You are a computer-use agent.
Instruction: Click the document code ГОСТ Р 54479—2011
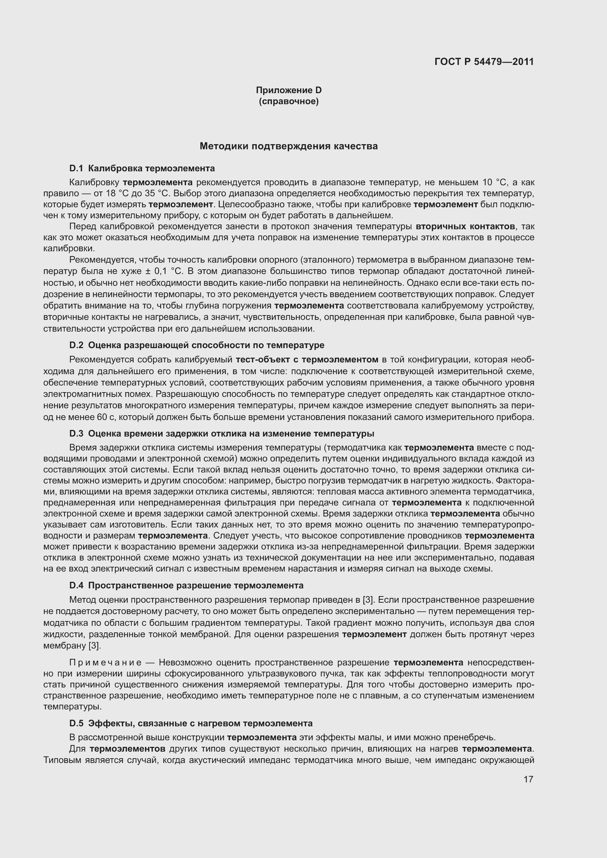point(484,62)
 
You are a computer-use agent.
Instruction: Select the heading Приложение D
point(288,90)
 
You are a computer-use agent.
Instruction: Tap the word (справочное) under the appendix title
point(288,101)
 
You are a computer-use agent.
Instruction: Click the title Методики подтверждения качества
point(288,146)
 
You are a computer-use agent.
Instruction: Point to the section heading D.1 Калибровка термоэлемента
point(142,168)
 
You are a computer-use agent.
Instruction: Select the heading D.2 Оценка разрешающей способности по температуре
point(197,345)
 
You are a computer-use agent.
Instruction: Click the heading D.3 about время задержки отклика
point(222,434)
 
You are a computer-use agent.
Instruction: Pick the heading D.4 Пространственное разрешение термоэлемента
point(186,585)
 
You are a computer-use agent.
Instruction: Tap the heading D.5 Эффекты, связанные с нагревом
point(190,723)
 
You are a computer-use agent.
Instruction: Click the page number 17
point(528,779)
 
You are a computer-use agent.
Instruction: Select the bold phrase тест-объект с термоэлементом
point(307,359)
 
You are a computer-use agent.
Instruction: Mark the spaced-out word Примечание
point(105,662)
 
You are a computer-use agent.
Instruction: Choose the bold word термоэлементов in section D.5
point(128,749)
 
